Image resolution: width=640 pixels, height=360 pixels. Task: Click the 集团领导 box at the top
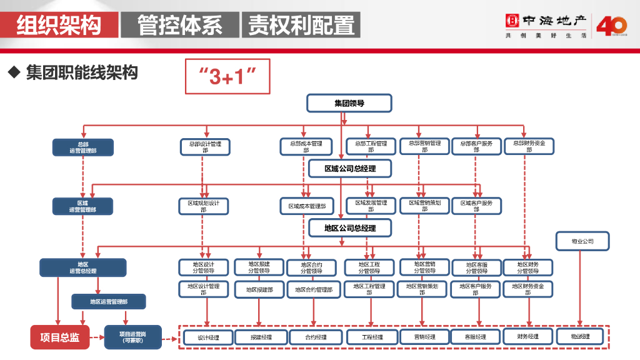click(x=349, y=103)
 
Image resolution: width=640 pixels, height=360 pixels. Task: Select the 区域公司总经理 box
click(x=350, y=169)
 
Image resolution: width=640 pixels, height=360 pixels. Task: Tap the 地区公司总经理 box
click(x=350, y=228)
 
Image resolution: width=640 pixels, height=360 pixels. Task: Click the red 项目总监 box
click(x=60, y=337)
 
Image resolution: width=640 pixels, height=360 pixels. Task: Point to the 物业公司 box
click(x=582, y=241)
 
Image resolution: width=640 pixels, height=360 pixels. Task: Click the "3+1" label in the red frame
click(x=228, y=77)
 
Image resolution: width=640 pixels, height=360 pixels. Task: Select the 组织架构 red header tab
click(x=59, y=25)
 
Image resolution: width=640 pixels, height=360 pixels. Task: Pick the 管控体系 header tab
click(x=180, y=25)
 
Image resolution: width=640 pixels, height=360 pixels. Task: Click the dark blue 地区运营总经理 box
click(x=83, y=267)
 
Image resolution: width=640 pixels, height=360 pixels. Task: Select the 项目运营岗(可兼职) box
click(x=132, y=337)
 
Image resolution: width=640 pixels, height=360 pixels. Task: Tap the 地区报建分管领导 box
click(x=259, y=267)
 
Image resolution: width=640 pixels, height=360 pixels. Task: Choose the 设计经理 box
click(x=208, y=337)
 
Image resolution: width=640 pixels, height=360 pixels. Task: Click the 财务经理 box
click(x=528, y=337)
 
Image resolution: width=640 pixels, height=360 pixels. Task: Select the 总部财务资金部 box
click(x=529, y=146)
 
